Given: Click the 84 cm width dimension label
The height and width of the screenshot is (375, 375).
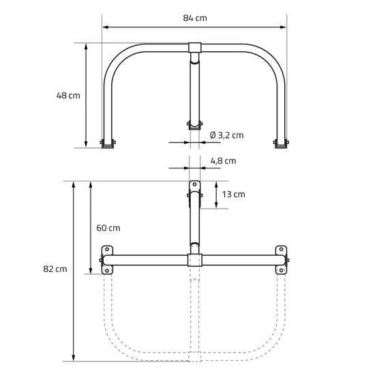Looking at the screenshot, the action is [x=195, y=18].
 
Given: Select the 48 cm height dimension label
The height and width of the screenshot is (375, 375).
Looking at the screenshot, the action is [x=68, y=95].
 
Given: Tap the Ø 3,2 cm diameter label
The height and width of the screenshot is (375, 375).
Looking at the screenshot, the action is [x=227, y=136].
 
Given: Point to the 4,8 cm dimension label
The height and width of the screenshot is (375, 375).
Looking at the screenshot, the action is [x=223, y=161].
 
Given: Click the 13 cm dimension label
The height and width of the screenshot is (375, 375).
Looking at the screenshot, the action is [x=233, y=194].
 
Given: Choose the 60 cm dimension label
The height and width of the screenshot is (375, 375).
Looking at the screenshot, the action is [x=108, y=228].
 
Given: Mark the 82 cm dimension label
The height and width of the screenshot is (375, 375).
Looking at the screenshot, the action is [x=55, y=269].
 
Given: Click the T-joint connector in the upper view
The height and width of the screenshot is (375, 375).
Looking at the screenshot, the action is [x=195, y=48].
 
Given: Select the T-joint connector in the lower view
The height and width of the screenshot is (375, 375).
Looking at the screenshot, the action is [x=195, y=260].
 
